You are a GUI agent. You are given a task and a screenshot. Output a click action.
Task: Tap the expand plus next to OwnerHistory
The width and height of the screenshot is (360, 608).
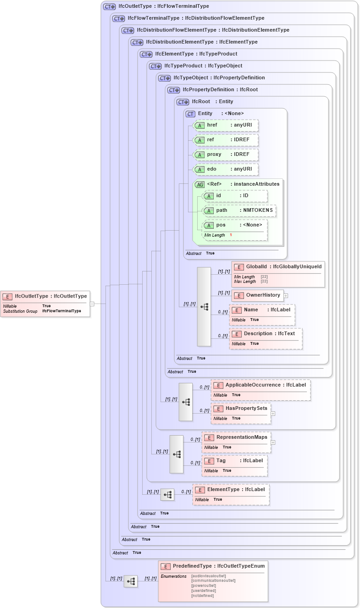pyautogui.click(x=286, y=296)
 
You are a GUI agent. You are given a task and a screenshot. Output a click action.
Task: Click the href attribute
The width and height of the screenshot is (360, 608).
pyautogui.click(x=226, y=125)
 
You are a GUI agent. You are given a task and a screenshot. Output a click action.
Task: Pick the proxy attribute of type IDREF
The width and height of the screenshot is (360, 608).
pyautogui.click(x=226, y=155)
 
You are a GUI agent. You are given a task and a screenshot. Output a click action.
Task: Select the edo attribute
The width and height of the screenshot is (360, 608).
pyautogui.click(x=226, y=169)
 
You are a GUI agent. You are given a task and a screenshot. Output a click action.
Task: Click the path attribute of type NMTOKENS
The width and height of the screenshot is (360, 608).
pyautogui.click(x=239, y=210)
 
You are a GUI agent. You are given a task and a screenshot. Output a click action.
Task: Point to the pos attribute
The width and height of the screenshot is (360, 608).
pyautogui.click(x=235, y=225)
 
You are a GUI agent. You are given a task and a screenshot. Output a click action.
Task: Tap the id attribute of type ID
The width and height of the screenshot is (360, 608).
pyautogui.click(x=235, y=196)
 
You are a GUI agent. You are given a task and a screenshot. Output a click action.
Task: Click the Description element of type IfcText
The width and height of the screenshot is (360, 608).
pyautogui.click(x=266, y=334)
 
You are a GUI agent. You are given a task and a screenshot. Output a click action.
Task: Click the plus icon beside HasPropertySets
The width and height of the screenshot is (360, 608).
pyautogui.click(x=273, y=414)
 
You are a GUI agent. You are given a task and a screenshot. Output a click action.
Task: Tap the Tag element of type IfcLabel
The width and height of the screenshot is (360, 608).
pyautogui.click(x=234, y=461)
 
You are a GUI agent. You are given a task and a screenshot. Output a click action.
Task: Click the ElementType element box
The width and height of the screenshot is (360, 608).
pyautogui.click(x=231, y=490)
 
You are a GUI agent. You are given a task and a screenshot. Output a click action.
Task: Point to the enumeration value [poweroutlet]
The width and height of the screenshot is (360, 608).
pyautogui.click(x=203, y=586)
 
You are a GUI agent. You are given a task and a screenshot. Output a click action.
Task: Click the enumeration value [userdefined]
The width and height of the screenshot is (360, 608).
pyautogui.click(x=203, y=591)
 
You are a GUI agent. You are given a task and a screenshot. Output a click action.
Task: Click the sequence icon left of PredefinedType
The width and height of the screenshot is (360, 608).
pyautogui.click(x=131, y=581)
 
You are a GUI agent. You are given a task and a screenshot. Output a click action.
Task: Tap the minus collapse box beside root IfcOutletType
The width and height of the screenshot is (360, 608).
pyautogui.click(x=92, y=304)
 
